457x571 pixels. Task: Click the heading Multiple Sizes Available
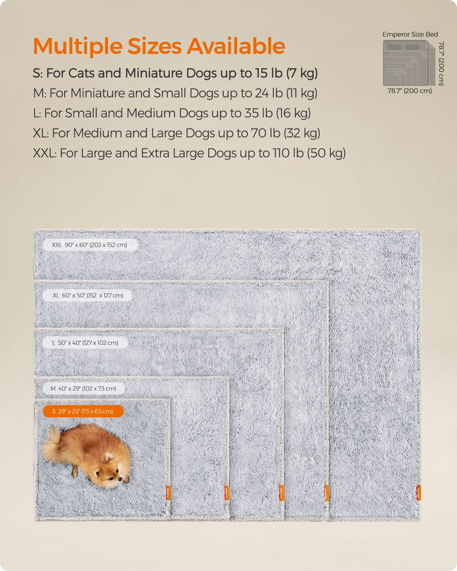pyautogui.click(x=159, y=46)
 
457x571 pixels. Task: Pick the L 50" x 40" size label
pyautogui.click(x=85, y=343)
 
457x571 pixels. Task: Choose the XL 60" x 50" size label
pyautogui.click(x=87, y=295)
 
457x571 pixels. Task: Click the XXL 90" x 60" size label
pyautogui.click(x=91, y=245)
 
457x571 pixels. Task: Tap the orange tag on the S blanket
pyautogui.click(x=168, y=492)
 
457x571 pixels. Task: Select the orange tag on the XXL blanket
pyautogui.click(x=418, y=492)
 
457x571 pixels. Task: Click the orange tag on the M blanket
pyautogui.click(x=227, y=492)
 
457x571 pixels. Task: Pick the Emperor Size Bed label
pyautogui.click(x=410, y=34)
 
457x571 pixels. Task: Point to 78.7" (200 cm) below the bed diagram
pyautogui.click(x=410, y=90)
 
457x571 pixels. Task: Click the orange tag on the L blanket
pyautogui.click(x=281, y=492)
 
